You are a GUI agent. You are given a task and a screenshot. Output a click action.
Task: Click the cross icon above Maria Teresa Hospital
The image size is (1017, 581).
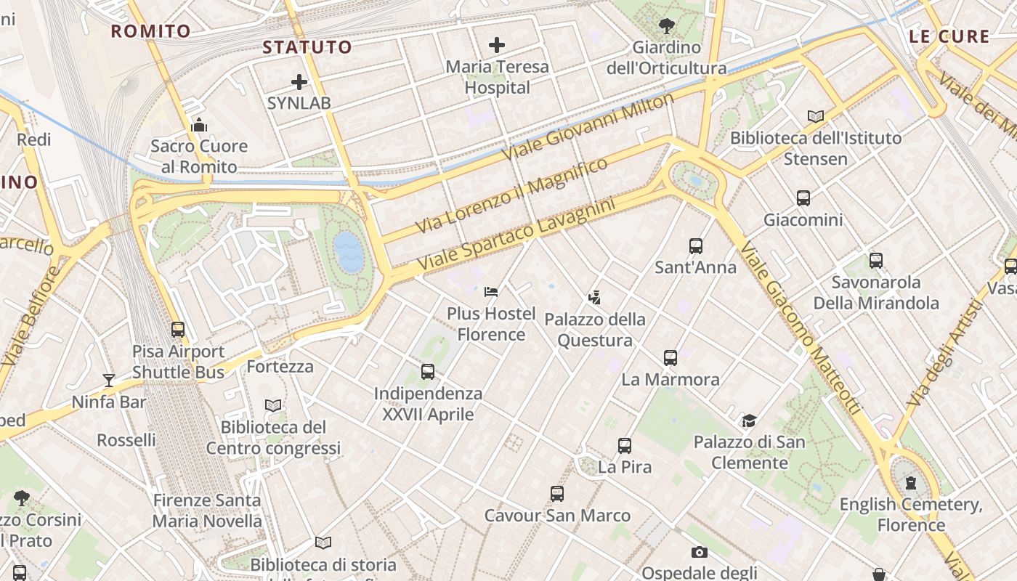[x=497, y=45]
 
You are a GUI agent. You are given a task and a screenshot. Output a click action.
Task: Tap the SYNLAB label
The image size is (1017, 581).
[x=299, y=103]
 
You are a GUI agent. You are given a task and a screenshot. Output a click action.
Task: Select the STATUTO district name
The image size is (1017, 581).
[x=307, y=48]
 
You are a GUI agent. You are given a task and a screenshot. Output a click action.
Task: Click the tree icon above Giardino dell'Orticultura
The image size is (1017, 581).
[x=666, y=27]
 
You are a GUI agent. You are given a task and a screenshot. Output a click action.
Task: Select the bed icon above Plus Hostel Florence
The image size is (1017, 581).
[x=491, y=292]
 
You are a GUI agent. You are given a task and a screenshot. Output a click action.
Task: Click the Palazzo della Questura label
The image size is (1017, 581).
[x=595, y=330]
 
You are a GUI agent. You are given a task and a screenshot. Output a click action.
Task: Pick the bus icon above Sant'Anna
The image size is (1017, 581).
[x=696, y=246]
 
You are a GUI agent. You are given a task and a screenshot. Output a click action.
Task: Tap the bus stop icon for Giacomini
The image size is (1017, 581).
[x=803, y=198]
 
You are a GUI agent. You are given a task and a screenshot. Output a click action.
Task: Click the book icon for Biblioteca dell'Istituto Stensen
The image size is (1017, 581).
[x=816, y=116]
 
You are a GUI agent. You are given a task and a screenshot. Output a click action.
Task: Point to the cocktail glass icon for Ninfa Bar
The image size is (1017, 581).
[x=109, y=380]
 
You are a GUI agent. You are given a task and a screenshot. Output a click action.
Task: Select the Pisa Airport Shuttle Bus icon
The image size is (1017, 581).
[x=178, y=330]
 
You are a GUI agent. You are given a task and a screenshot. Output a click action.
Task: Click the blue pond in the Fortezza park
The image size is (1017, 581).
[x=349, y=252]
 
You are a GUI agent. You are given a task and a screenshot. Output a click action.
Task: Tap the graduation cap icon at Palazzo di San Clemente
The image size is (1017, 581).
[x=749, y=420]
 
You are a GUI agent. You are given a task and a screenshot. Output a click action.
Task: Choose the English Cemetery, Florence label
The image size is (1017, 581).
[x=911, y=514]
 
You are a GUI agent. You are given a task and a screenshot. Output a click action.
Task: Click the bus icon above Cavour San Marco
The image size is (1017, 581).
[x=557, y=494]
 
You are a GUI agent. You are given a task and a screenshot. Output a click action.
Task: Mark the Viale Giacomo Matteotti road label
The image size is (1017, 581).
[x=801, y=329]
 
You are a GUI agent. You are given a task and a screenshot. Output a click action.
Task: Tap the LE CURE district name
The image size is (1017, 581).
[x=949, y=36]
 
